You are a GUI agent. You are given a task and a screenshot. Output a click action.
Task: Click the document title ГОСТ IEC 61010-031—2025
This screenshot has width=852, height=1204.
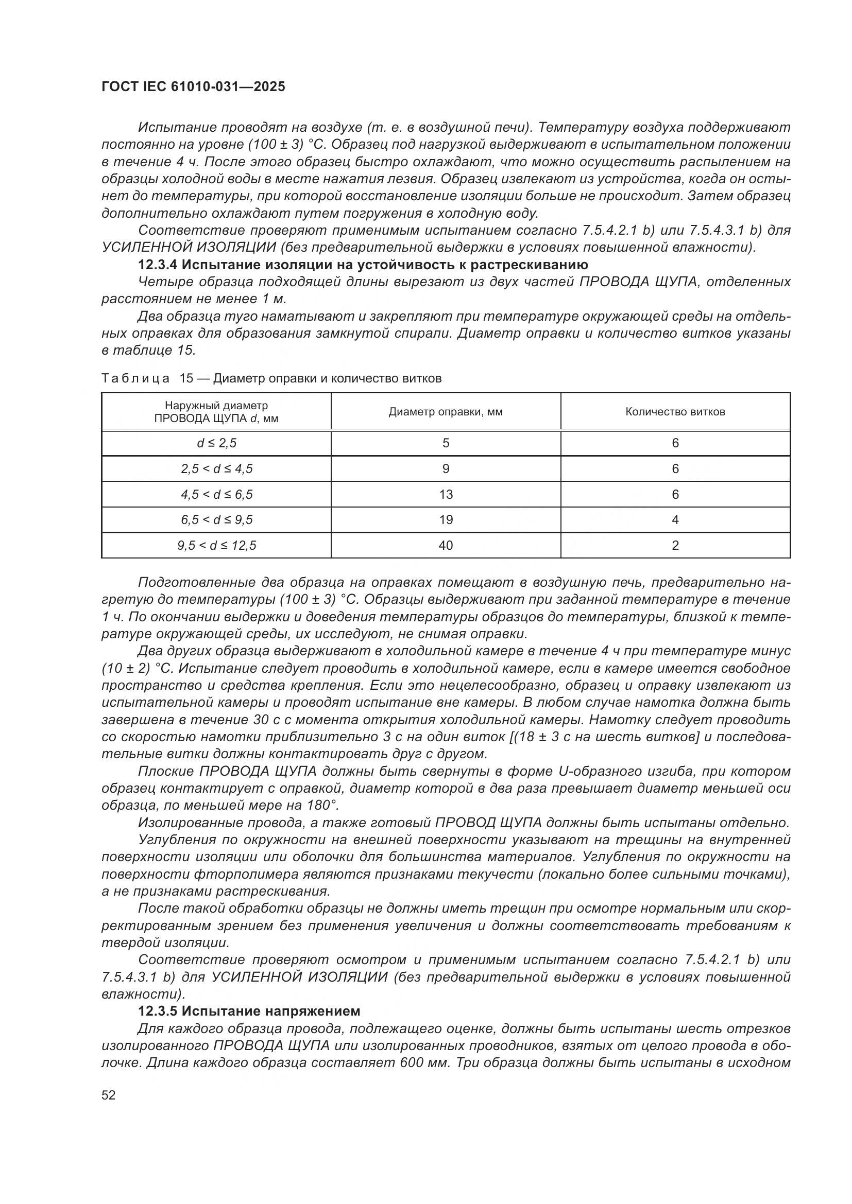(193, 87)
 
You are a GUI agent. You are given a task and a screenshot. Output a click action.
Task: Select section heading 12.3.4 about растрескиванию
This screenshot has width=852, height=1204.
(363, 264)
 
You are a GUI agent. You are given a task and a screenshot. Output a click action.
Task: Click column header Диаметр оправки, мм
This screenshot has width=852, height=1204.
(446, 412)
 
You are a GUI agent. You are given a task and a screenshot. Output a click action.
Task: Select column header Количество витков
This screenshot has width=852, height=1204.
(675, 412)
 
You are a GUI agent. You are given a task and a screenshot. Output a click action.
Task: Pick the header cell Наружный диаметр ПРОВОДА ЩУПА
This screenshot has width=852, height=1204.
(216, 412)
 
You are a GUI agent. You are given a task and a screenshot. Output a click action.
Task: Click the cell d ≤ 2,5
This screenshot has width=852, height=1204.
(216, 443)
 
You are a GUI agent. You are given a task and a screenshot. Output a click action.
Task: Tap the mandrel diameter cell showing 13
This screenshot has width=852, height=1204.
(446, 494)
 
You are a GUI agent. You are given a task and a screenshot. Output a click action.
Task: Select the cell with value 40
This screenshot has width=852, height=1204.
(446, 545)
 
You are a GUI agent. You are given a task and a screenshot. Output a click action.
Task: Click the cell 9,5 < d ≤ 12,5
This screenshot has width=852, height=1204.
(216, 545)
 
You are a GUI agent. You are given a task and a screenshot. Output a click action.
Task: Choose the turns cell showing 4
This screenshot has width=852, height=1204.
(675, 520)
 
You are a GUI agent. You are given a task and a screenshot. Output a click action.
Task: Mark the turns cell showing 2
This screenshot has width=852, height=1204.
(675, 545)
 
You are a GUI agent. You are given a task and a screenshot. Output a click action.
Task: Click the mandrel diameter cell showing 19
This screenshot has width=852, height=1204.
(446, 520)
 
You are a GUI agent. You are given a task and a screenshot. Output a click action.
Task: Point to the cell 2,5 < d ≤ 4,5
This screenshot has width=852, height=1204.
(216, 469)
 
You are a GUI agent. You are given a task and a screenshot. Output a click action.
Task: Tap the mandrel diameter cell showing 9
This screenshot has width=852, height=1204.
(446, 469)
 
